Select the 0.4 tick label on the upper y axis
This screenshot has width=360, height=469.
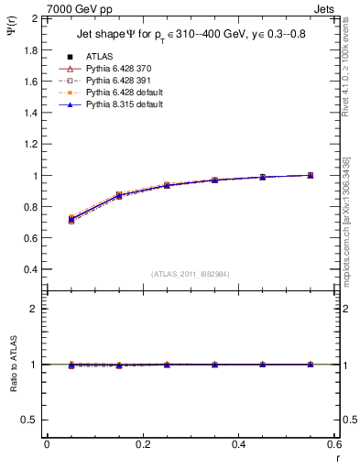[29, 270]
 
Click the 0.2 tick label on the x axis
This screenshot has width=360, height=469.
[142, 444]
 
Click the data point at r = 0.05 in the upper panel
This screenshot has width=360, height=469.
[71, 220]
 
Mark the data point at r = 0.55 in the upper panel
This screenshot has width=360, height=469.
[310, 175]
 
